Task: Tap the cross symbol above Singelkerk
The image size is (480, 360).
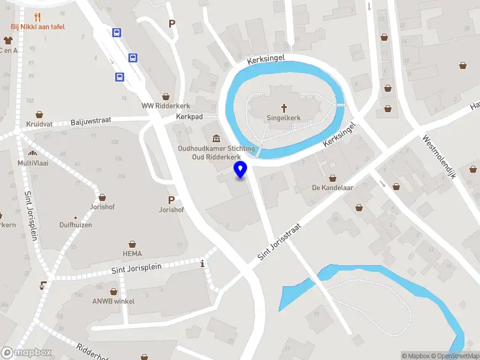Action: click(284, 108)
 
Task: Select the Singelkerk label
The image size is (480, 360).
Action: click(284, 119)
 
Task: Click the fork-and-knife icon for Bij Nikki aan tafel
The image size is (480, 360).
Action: click(38, 17)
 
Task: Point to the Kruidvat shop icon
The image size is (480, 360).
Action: click(40, 114)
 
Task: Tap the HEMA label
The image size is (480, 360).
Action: click(133, 254)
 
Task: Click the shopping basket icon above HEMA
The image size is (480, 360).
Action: click(133, 244)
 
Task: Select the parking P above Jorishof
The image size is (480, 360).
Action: click(171, 200)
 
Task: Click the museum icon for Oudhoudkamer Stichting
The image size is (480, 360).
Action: click(216, 139)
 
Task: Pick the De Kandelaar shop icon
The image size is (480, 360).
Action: click(332, 178)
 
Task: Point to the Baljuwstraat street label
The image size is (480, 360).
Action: click(91, 121)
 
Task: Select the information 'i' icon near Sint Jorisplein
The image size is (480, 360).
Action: click(203, 263)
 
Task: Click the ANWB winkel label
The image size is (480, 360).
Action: click(113, 301)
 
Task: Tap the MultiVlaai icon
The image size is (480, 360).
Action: click(32, 153)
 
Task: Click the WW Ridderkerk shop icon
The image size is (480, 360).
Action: click(166, 97)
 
